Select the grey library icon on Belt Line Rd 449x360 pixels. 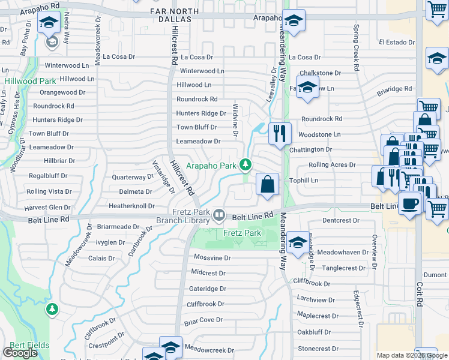point(219,214)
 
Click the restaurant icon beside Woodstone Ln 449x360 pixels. point(280,133)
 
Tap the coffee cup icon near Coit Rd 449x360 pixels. point(410,205)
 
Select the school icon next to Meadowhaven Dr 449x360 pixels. point(298,242)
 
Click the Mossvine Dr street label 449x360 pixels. point(212,257)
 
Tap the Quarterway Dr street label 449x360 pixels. point(133,177)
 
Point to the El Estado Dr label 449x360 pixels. point(396,43)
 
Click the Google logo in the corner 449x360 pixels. point(20,353)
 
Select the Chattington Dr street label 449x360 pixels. point(310,149)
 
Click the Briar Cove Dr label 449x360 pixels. point(203,320)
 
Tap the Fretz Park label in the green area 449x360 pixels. point(243,233)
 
